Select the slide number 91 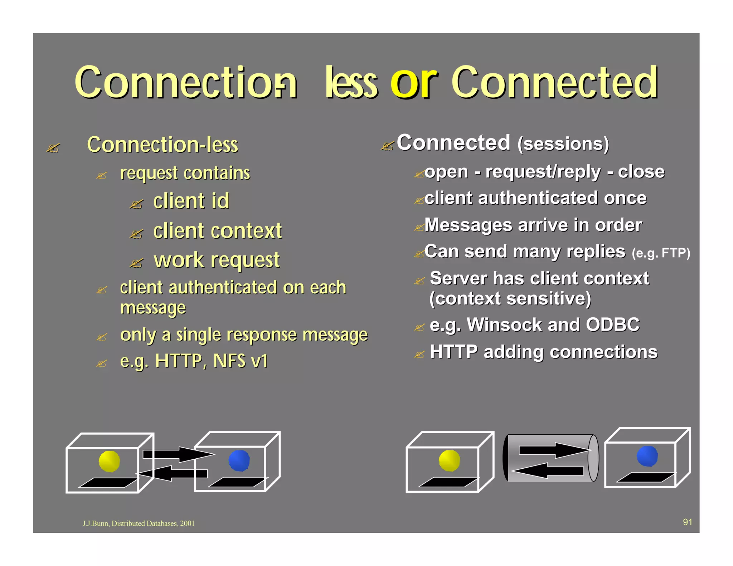pos(687,522)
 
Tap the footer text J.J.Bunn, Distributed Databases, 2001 pos(139,523)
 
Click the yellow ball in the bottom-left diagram pos(109,461)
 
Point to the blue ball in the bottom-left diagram pos(239,460)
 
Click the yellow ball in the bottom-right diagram pos(449,460)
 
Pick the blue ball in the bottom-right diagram pos(647,456)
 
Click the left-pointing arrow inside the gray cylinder pos(548,470)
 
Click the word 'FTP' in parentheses pos(673,253)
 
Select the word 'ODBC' pos(612,325)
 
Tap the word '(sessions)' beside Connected pos(563,144)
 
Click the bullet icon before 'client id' pos(136,204)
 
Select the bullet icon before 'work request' pos(136,263)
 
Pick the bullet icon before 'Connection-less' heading pos(53,147)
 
